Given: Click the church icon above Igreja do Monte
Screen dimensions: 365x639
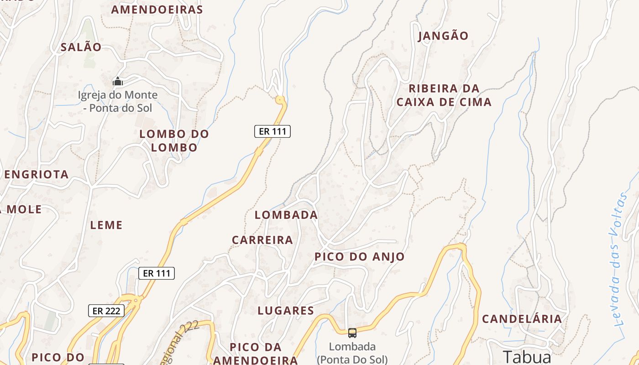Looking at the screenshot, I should (118, 82).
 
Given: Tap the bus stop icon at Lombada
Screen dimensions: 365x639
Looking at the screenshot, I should (352, 333).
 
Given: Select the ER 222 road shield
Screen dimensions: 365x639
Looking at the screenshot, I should (106, 311).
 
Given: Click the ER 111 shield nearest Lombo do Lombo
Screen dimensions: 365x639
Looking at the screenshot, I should (272, 131).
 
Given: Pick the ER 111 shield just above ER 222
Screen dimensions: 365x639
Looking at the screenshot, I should (157, 273).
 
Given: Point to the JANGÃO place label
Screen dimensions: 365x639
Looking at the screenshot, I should (443, 36).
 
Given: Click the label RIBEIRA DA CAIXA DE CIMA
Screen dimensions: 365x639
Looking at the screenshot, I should (444, 95).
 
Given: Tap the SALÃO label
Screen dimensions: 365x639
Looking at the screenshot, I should (81, 47).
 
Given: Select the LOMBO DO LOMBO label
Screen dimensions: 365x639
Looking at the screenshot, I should (174, 141).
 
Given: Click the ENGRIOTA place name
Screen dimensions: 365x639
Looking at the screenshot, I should (37, 174).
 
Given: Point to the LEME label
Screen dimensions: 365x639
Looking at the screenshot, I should (106, 225).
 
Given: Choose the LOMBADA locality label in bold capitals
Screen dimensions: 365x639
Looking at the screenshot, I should (286, 215).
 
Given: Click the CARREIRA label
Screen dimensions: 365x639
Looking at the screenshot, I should (262, 240).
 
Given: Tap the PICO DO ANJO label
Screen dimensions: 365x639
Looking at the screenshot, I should (359, 257).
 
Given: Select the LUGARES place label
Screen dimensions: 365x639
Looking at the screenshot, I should (286, 311).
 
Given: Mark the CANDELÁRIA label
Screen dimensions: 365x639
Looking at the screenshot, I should (522, 319).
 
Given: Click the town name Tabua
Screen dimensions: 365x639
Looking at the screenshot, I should (527, 356).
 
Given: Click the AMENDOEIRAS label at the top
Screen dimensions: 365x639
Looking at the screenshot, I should (157, 10).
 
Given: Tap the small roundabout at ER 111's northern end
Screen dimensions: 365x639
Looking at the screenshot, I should (280, 99).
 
